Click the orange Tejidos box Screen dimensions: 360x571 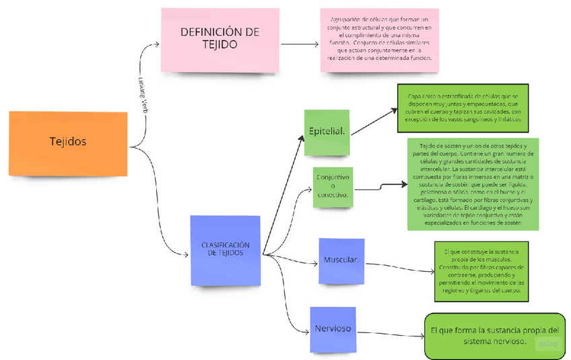68,143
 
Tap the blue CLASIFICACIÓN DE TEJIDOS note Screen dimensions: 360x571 226,250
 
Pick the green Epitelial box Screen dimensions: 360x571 327,131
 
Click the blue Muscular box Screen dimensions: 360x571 341,260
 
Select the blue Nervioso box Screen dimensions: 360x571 332,330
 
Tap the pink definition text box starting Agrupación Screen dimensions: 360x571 379,40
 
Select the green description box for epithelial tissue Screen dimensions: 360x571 462,108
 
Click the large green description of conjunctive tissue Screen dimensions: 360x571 475,183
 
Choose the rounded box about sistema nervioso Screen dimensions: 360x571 494,336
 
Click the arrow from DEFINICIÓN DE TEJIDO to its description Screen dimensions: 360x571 300,45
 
